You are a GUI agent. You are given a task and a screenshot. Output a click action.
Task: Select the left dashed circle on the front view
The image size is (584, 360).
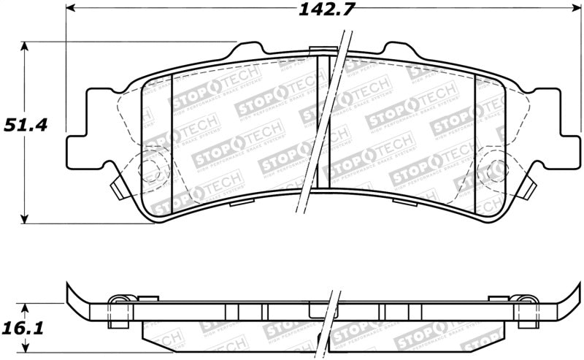click(153, 172)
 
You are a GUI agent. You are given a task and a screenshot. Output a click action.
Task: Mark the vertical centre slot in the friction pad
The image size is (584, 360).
click(323, 131)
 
